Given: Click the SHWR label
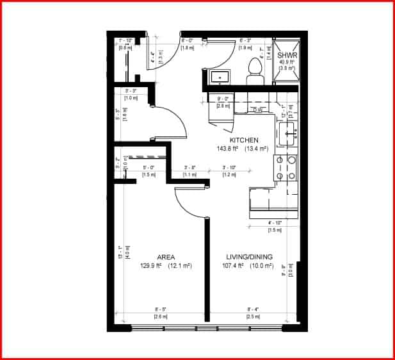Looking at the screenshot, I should [286, 56].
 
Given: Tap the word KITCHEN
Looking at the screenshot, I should [244, 140].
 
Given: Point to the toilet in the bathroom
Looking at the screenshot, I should [255, 69].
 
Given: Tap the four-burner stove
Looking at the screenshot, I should [286, 167].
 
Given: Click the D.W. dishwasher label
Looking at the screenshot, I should [257, 110].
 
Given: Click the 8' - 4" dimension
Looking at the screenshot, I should [254, 309].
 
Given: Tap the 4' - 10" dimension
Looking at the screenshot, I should [275, 223].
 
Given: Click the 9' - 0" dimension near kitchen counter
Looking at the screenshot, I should [223, 99].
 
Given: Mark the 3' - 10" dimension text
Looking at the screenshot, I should [229, 168].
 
